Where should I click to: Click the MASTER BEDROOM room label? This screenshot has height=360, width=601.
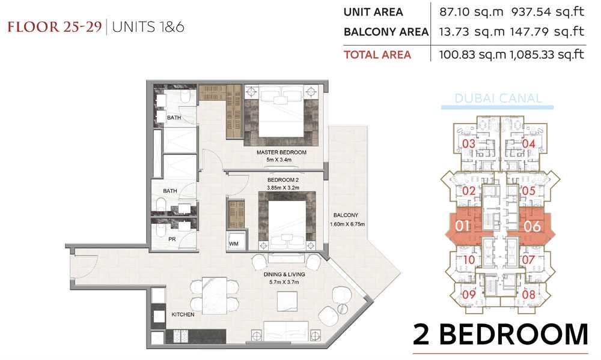coord(281,152)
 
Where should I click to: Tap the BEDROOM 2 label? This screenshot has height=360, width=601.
coord(283,180)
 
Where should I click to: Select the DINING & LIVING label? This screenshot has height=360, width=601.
coord(284,274)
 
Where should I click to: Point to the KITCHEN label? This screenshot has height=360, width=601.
coord(183,314)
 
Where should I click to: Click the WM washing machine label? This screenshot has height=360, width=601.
coord(233,244)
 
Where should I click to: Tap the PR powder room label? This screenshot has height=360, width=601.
coord(172,239)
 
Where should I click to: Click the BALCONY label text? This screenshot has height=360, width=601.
coord(346,215)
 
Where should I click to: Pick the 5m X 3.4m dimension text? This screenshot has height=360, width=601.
coord(279,160)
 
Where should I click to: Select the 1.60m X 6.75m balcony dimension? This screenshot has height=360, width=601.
coord(347,224)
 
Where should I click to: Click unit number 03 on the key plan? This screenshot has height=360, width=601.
coord(469,144)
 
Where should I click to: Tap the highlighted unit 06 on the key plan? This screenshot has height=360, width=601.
coord(532,226)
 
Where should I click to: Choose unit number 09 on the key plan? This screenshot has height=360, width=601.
coord(469,295)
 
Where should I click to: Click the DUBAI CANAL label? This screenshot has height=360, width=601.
coord(498,98)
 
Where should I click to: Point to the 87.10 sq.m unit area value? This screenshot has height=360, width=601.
coord(471,12)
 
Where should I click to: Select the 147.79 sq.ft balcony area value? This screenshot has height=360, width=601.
coord(547,31)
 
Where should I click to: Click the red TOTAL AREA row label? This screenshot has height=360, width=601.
coord(377,55)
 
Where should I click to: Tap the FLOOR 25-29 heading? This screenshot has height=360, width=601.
coord(55,27)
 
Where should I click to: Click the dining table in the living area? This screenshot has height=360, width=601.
coord(215,296)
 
